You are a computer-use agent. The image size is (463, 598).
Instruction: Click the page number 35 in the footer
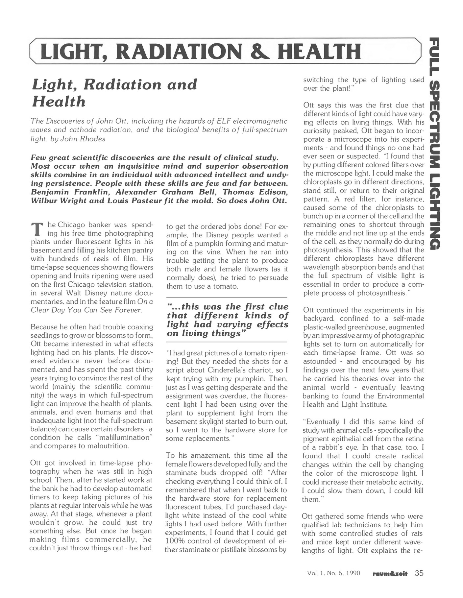pos(419,573)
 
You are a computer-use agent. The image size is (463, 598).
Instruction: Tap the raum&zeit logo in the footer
pos(390,574)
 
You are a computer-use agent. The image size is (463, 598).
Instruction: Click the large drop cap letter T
pos(38,229)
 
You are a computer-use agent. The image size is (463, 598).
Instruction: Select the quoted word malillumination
pos(124,438)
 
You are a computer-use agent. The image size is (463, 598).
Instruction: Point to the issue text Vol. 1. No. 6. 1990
pos(333,573)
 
